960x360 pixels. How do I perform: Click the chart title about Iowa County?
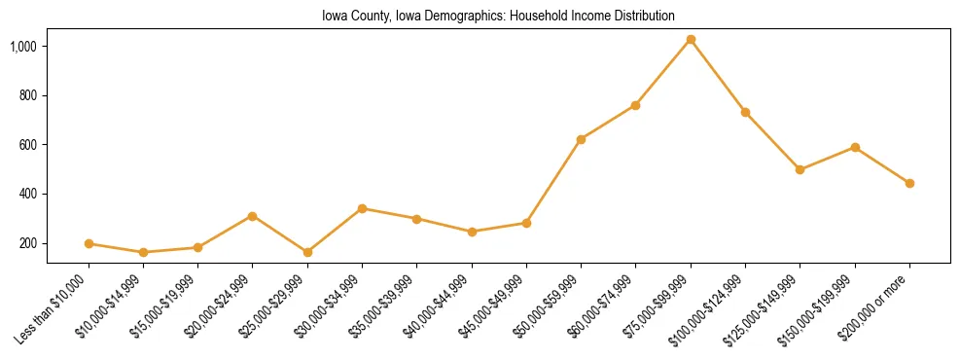498,17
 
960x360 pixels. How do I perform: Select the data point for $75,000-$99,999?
691,40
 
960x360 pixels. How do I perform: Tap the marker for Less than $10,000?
89,243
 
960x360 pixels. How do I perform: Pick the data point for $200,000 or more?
909,183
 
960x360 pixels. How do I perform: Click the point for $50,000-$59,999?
581,139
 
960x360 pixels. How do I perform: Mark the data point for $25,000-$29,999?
307,252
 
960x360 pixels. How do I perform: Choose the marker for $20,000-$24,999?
253,216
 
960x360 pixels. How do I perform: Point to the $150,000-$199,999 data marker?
855,147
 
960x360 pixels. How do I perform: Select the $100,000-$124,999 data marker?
745,112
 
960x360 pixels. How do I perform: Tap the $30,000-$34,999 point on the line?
362,208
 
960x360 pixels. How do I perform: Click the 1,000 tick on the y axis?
23,47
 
